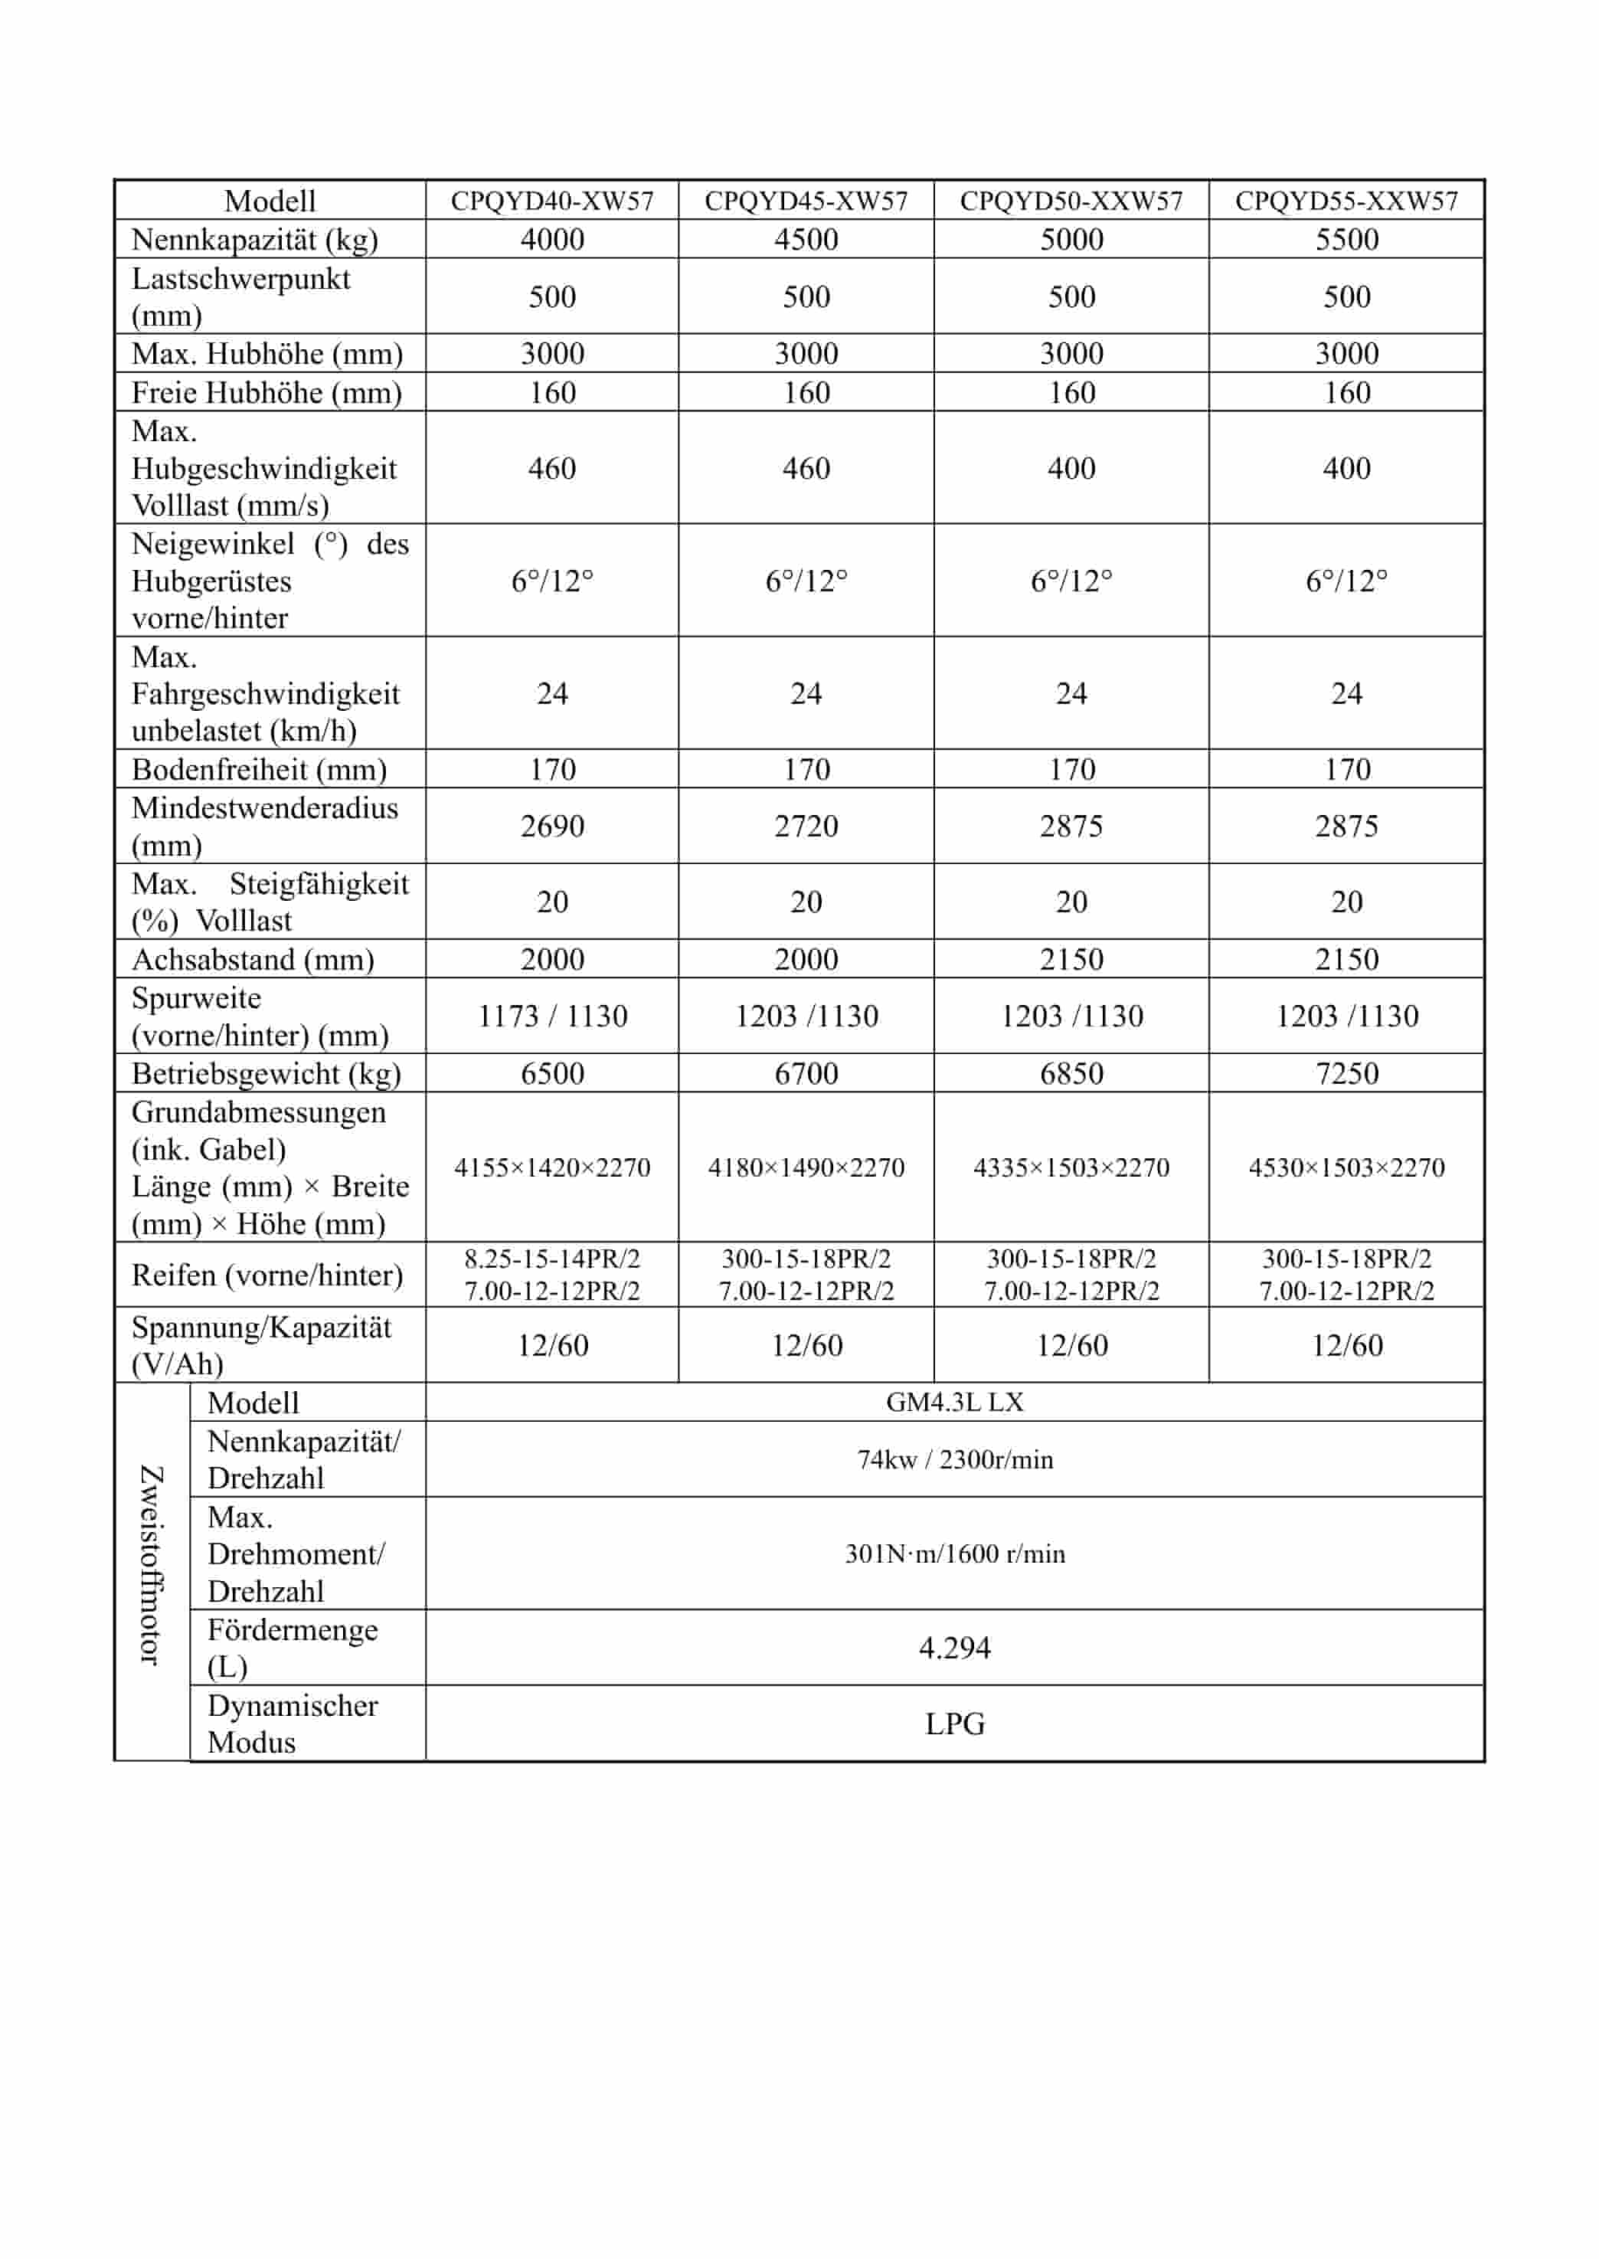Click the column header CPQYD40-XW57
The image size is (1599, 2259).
point(551,201)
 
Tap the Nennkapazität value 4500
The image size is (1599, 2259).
point(806,239)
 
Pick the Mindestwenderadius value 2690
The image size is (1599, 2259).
point(551,827)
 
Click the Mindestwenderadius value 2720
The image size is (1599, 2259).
point(806,827)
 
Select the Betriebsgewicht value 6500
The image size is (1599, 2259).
point(551,1073)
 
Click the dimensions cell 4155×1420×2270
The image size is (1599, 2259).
point(551,1168)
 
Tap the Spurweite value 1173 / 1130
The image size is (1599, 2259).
point(551,1017)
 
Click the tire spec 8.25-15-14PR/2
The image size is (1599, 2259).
point(551,1259)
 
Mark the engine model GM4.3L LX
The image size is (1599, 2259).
point(954,1403)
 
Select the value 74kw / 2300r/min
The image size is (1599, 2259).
point(954,1459)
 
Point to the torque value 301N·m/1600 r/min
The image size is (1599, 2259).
point(954,1554)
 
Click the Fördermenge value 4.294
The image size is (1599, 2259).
point(954,1648)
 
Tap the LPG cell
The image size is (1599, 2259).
point(954,1724)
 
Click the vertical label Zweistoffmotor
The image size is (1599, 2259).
point(151,1566)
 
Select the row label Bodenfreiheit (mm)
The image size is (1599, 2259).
point(259,769)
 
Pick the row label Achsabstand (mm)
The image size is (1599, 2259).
point(253,959)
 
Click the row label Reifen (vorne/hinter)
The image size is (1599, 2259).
point(266,1275)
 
